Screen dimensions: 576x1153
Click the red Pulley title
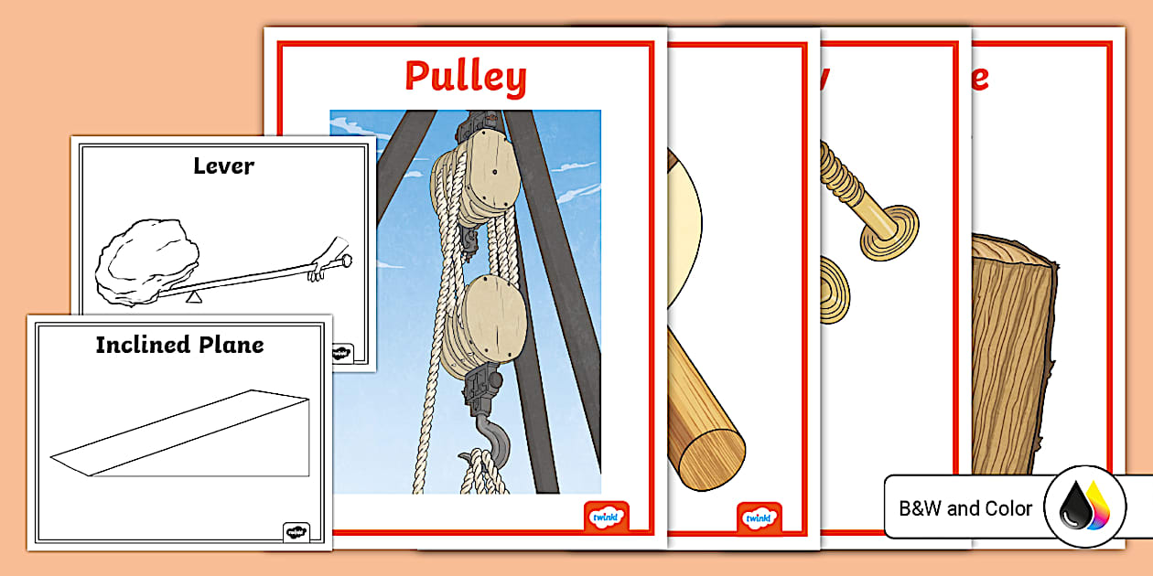pyautogui.click(x=465, y=77)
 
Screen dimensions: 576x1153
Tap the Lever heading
pyautogui.click(x=223, y=165)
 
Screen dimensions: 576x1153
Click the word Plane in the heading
pyautogui.click(x=232, y=345)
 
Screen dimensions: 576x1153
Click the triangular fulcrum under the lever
pyautogui.click(x=192, y=295)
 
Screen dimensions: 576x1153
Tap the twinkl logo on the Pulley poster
pyautogui.click(x=606, y=517)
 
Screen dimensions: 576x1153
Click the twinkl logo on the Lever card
pyautogui.click(x=342, y=353)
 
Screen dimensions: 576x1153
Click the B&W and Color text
pyautogui.click(x=965, y=508)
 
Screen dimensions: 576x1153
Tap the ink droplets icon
pyautogui.click(x=1084, y=507)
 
